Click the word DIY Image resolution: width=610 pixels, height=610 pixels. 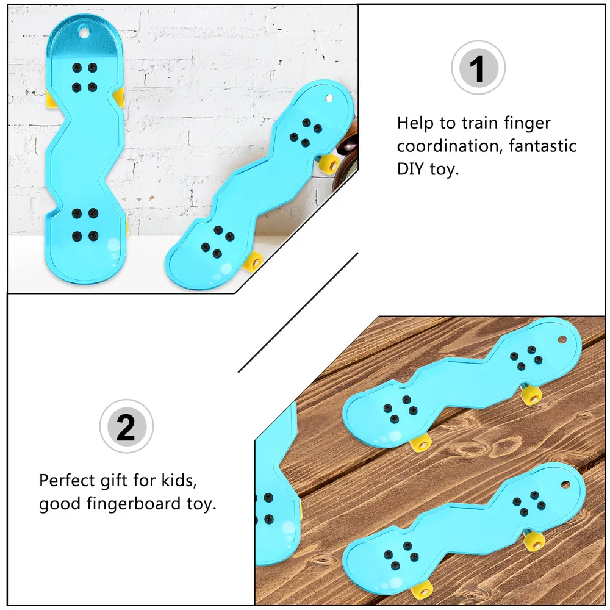411,170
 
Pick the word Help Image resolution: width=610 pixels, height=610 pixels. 415,124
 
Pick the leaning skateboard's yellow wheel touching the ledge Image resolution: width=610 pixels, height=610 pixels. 253,260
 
